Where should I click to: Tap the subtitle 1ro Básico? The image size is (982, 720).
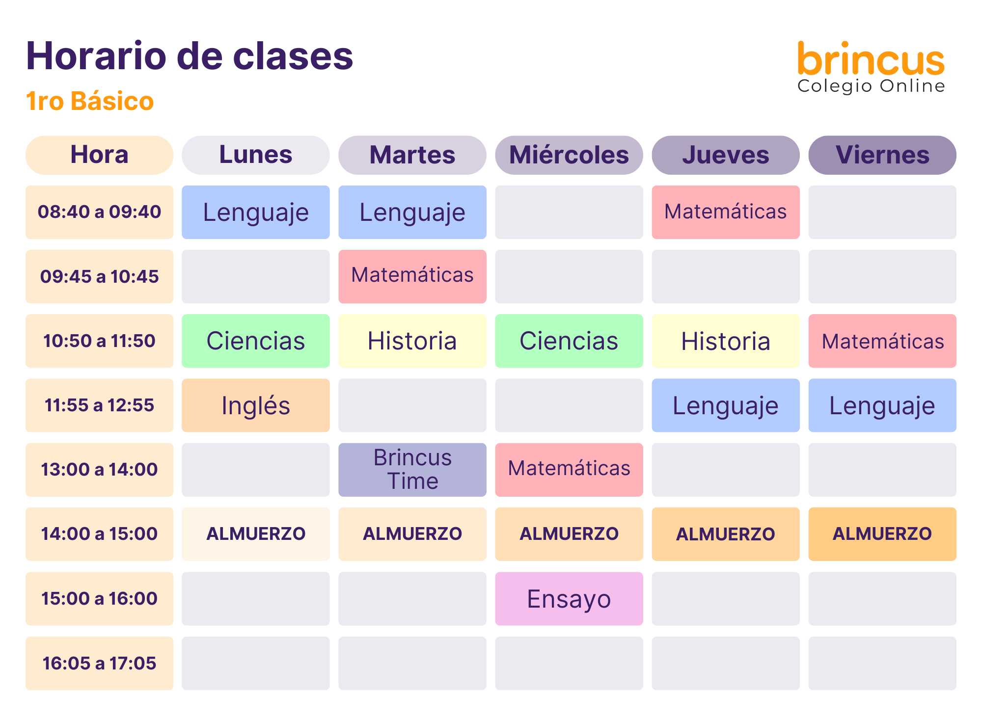click(90, 101)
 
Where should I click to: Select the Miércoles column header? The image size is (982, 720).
click(569, 155)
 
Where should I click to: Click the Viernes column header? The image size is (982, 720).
click(882, 155)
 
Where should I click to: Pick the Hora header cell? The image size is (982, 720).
click(99, 155)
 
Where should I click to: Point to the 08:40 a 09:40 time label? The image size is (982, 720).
click(99, 212)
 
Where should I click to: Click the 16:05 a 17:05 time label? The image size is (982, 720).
click(99, 664)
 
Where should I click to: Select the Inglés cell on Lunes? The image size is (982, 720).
click(256, 405)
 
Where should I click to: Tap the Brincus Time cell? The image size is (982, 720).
click(412, 470)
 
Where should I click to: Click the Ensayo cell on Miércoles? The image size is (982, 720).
click(569, 599)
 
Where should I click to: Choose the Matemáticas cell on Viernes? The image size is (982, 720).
click(882, 341)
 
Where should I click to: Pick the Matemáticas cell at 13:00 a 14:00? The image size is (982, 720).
click(569, 470)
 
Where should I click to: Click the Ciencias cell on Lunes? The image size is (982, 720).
click(256, 341)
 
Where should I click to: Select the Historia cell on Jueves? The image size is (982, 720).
click(726, 341)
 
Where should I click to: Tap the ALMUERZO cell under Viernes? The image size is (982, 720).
click(882, 534)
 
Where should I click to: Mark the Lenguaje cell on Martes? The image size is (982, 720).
click(412, 212)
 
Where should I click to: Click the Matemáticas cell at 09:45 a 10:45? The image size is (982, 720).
click(412, 276)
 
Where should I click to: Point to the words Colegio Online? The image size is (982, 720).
click(871, 86)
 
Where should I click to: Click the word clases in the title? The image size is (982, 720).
click(293, 56)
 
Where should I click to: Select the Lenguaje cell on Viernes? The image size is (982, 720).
click(882, 405)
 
